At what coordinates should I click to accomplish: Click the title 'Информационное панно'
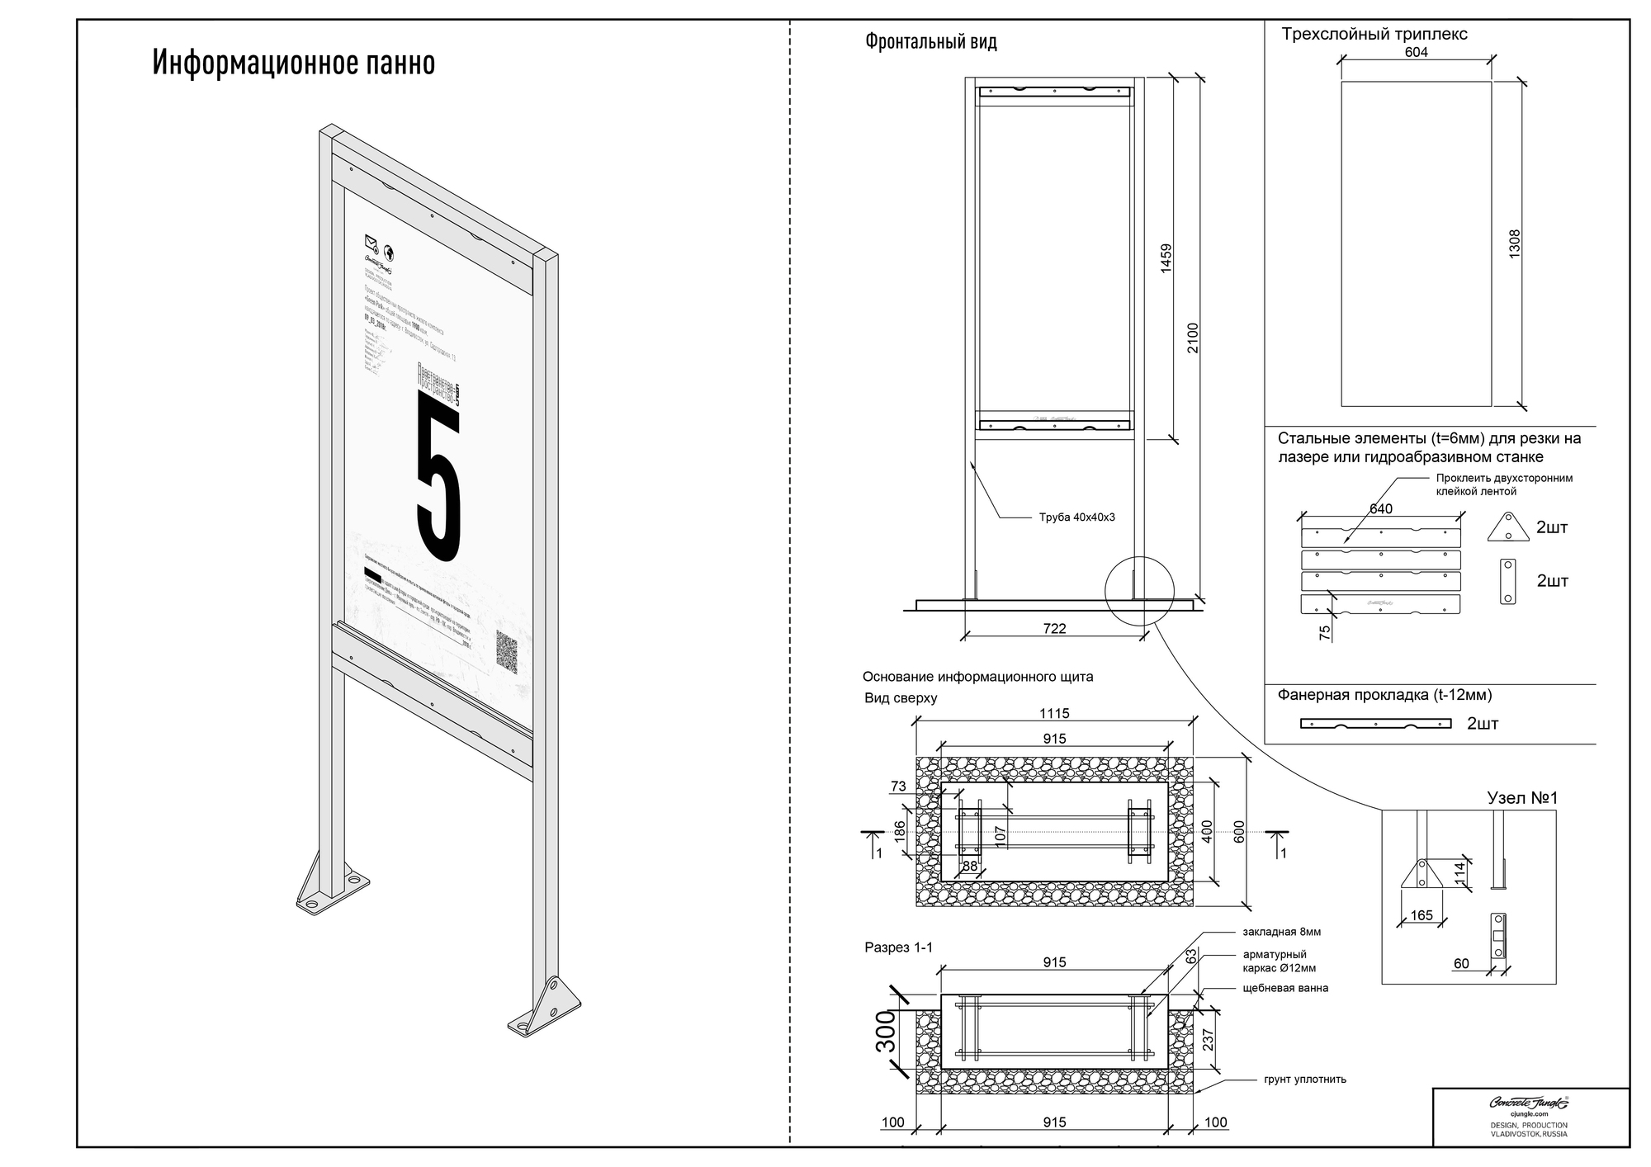(293, 64)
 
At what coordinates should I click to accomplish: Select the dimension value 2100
(1193, 338)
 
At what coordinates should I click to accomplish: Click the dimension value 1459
(1166, 258)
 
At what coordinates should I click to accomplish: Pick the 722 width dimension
(1054, 629)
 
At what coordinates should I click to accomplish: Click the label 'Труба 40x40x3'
(1076, 517)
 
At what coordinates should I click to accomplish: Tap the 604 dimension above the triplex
(1416, 52)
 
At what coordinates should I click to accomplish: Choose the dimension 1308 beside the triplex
(1514, 244)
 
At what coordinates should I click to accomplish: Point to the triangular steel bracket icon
(1508, 527)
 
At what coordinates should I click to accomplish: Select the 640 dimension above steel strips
(1381, 508)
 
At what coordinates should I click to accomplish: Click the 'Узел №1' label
(1521, 798)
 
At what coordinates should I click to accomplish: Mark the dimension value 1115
(1054, 713)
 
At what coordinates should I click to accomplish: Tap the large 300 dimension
(885, 1032)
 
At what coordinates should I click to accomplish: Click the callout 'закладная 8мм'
(1281, 932)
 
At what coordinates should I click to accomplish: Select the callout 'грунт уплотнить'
(1304, 1079)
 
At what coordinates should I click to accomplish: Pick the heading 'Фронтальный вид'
(930, 41)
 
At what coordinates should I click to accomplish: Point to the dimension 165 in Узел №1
(1422, 915)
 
